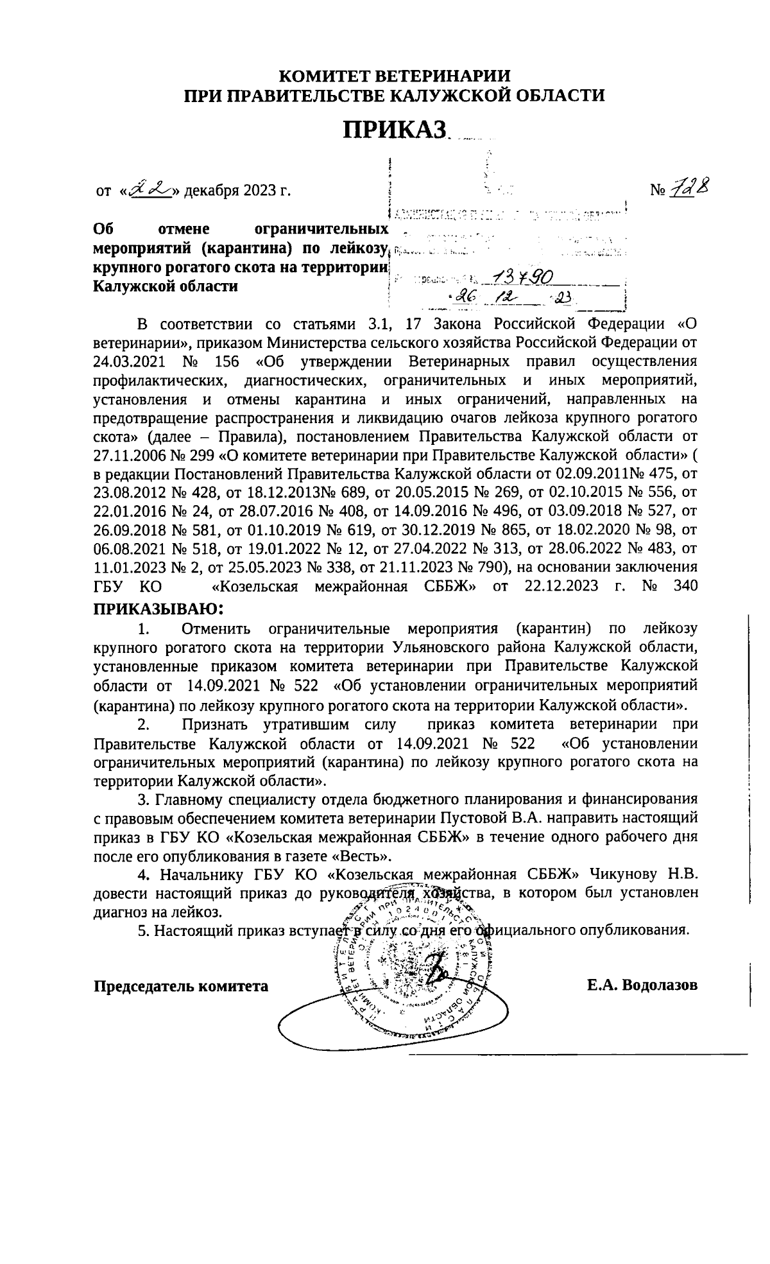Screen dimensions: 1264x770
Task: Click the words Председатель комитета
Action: (x=181, y=985)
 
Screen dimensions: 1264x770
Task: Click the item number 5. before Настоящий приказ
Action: (x=144, y=930)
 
